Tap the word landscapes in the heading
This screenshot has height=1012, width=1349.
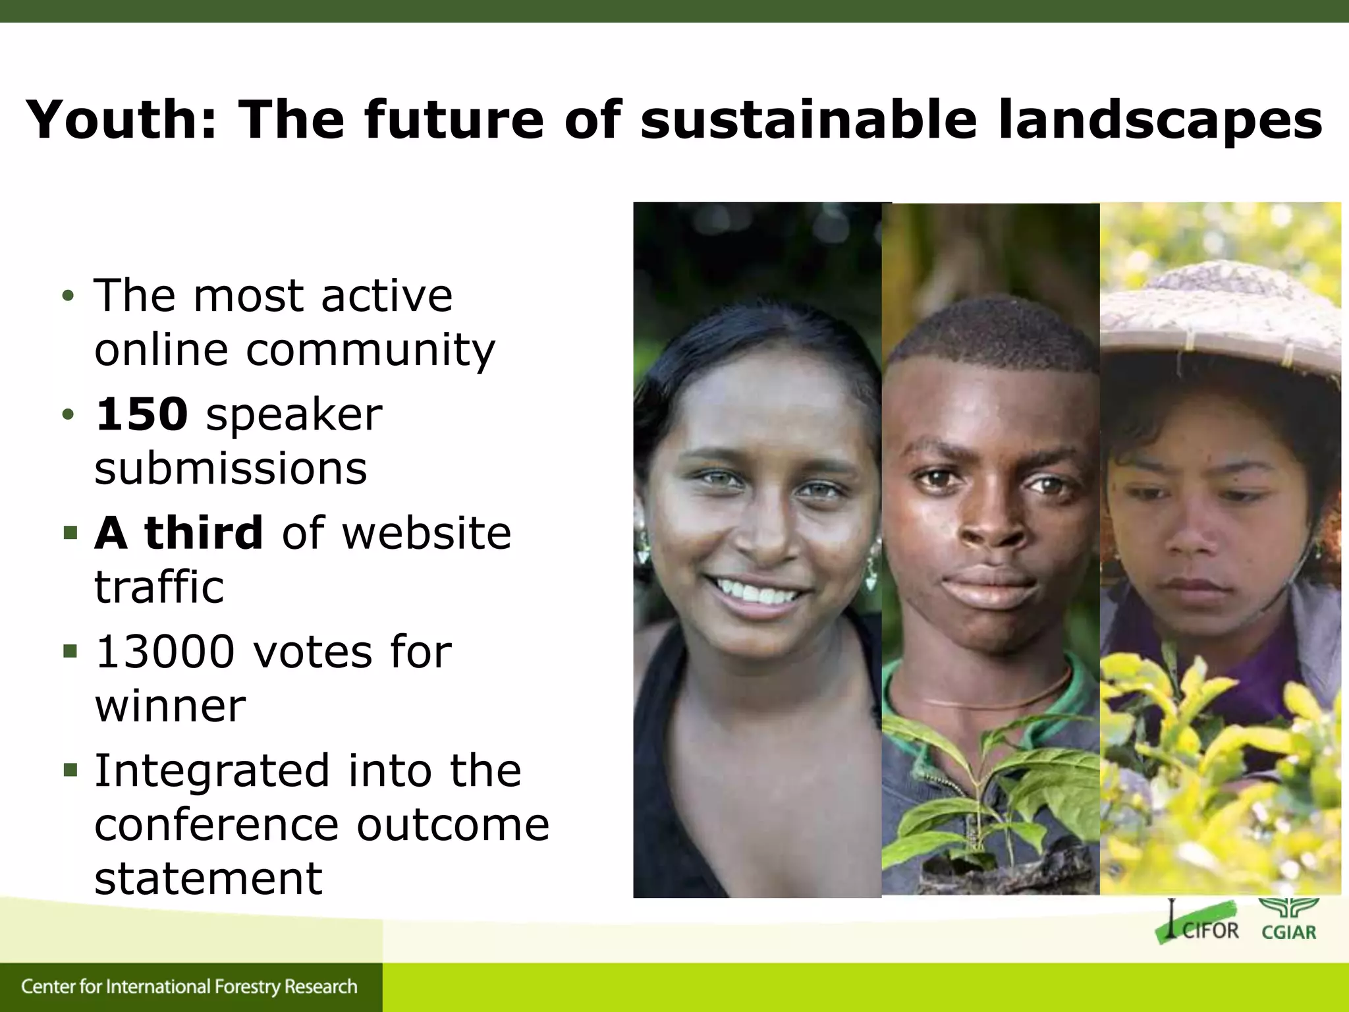click(1159, 121)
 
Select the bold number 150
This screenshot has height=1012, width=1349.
click(142, 414)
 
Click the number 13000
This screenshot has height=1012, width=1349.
click(165, 652)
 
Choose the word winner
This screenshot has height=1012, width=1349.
click(170, 706)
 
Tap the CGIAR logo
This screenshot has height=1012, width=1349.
click(1288, 918)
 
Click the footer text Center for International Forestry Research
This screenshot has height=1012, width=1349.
click(189, 987)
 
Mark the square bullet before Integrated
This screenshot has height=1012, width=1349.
click(70, 769)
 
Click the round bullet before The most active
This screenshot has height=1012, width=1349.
click(68, 296)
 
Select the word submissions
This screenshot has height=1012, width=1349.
click(231, 468)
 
